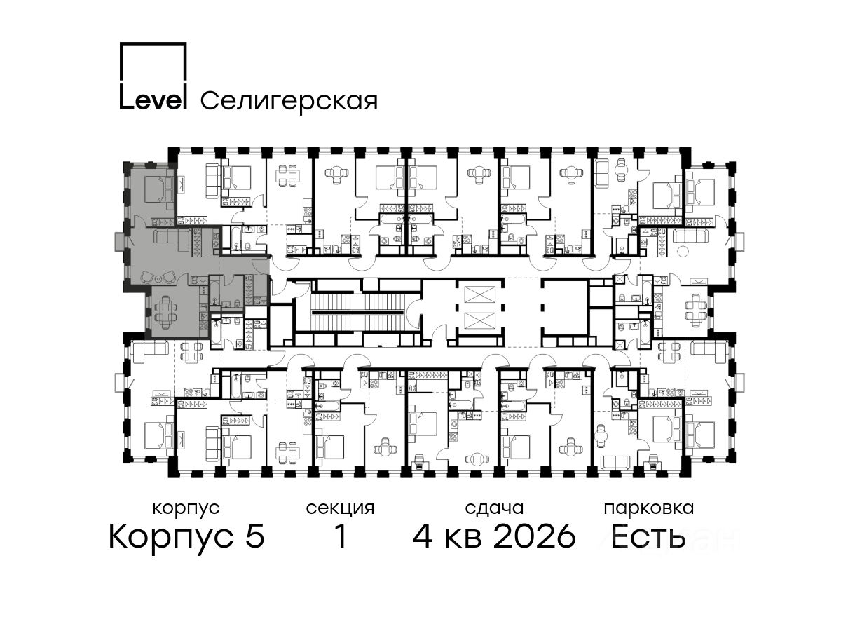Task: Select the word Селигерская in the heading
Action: pyautogui.click(x=289, y=101)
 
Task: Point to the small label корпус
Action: pyautogui.click(x=186, y=509)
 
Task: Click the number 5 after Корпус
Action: pyautogui.click(x=255, y=537)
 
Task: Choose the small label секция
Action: pyautogui.click(x=340, y=509)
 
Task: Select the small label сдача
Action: pyautogui.click(x=494, y=508)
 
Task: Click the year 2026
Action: pyautogui.click(x=535, y=536)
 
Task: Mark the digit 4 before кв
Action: pyautogui.click(x=423, y=536)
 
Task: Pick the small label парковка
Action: pyautogui.click(x=649, y=509)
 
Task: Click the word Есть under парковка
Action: pyautogui.click(x=648, y=536)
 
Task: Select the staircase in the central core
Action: pyautogui.click(x=357, y=313)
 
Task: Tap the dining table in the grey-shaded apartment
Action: pyautogui.click(x=167, y=312)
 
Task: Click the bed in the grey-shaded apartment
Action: pyautogui.click(x=158, y=189)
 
